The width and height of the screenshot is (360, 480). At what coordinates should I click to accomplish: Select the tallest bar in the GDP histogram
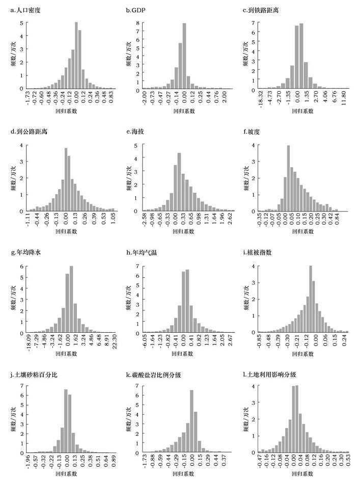[184, 56]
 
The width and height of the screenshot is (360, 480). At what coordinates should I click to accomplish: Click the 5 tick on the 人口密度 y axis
[21, 23]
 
